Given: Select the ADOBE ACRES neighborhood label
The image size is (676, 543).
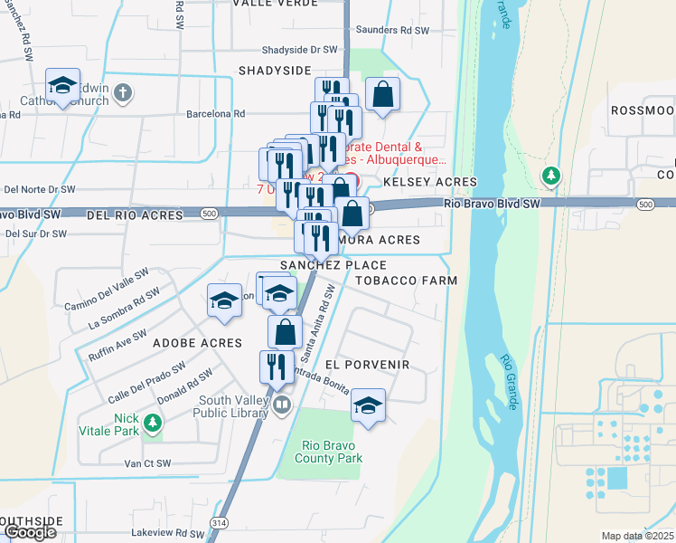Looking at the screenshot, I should coord(197,343).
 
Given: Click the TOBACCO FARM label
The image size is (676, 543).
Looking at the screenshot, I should coord(406,281).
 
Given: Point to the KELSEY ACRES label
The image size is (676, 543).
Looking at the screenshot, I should coord(429,183).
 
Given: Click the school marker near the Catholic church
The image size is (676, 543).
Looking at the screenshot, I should coord(62,86).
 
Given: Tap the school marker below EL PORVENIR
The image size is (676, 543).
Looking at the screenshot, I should coord(368,405).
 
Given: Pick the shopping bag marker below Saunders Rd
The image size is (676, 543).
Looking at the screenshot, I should coord(383,94).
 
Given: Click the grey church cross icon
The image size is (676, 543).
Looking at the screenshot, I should coord(123,92).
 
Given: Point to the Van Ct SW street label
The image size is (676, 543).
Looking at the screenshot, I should coord(149,462).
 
